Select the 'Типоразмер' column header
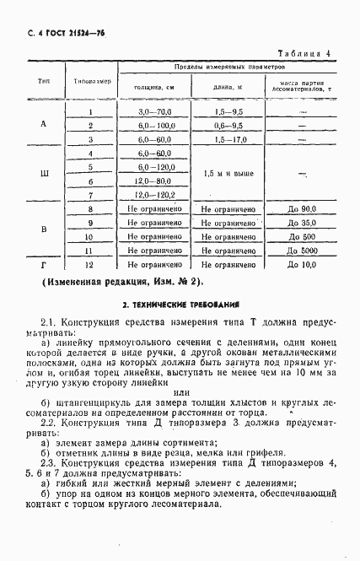90,82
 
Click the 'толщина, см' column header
151,87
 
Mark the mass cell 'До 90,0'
301,208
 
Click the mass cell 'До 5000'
301,251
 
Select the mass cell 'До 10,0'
301,265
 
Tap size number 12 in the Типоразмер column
90,265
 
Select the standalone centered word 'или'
180,391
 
